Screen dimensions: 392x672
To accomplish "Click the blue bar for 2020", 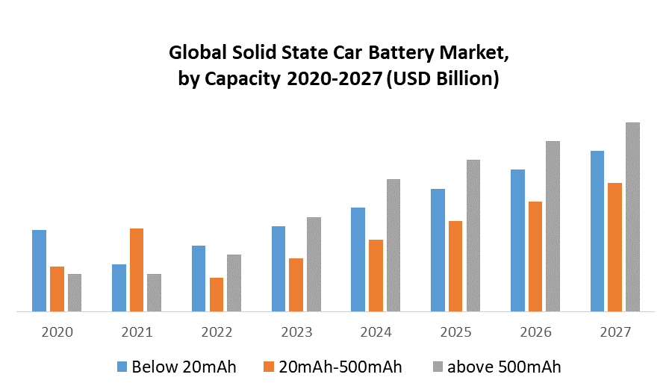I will point(39,270).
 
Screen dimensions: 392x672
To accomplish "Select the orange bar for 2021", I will point(137,270).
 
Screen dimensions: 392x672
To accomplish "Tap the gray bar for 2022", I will point(234,283).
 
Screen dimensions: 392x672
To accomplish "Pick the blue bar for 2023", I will point(279,269).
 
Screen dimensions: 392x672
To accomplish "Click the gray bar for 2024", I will point(393,245).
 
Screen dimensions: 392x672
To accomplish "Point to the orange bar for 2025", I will point(455,266).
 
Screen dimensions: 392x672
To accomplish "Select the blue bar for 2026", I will point(517,240).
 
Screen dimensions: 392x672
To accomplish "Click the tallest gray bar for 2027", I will point(632,217).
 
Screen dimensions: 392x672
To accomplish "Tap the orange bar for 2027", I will point(615,247).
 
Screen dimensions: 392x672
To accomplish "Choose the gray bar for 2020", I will point(75,293).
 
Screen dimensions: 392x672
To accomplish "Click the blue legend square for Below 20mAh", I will point(122,367).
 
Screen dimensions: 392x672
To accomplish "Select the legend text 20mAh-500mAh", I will point(340,367).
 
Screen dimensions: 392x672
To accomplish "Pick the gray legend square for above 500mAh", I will point(439,367).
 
